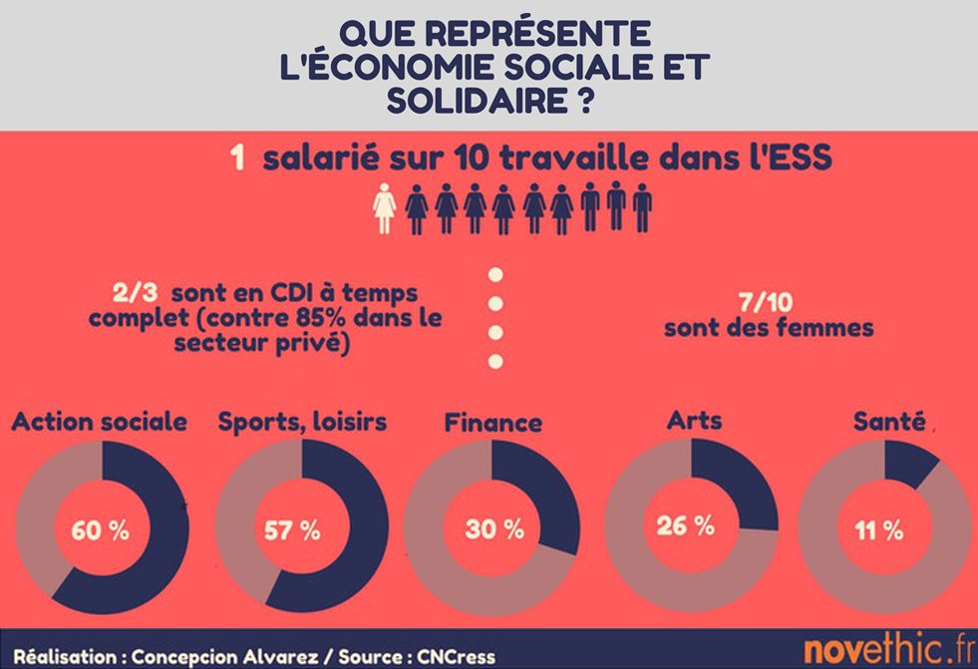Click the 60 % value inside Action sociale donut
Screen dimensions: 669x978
coord(100,529)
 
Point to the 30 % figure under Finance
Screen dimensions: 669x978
coord(493,529)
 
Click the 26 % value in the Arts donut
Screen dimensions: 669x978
coord(686,524)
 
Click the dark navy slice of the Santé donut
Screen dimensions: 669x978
coord(909,460)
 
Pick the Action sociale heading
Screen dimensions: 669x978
coord(99,422)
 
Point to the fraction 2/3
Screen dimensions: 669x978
coord(134,296)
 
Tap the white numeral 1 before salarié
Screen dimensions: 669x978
coord(237,160)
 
